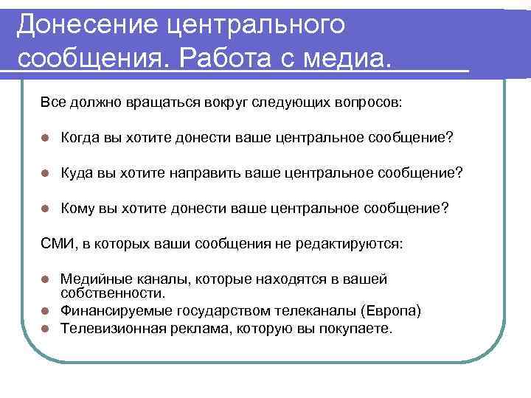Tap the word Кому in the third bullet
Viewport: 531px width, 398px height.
pyautogui.click(x=77, y=208)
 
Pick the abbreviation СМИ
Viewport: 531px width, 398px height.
pyautogui.click(x=56, y=243)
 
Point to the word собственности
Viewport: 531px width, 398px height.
pyautogui.click(x=100, y=293)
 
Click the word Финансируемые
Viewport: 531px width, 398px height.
pyautogui.click(x=108, y=310)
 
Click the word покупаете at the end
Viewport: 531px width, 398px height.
pyautogui.click(x=357, y=328)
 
